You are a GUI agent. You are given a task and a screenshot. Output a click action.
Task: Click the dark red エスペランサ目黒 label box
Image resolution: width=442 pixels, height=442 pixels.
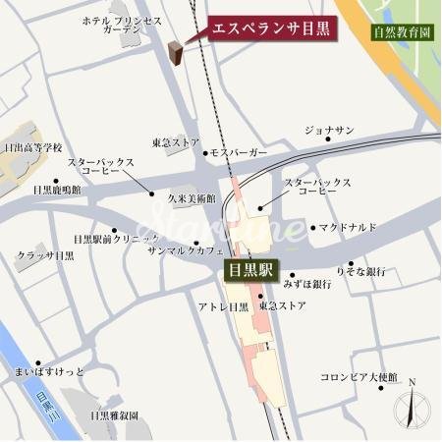click(272, 28)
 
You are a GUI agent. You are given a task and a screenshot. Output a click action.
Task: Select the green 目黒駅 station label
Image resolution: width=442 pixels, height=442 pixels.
click(252, 268)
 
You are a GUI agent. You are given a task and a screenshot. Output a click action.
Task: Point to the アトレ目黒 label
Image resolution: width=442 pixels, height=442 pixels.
click(223, 307)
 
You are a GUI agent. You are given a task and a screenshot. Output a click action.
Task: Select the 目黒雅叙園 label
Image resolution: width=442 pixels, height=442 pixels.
click(114, 416)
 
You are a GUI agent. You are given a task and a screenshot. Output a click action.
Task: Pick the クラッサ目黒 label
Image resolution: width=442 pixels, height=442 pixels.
click(45, 256)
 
